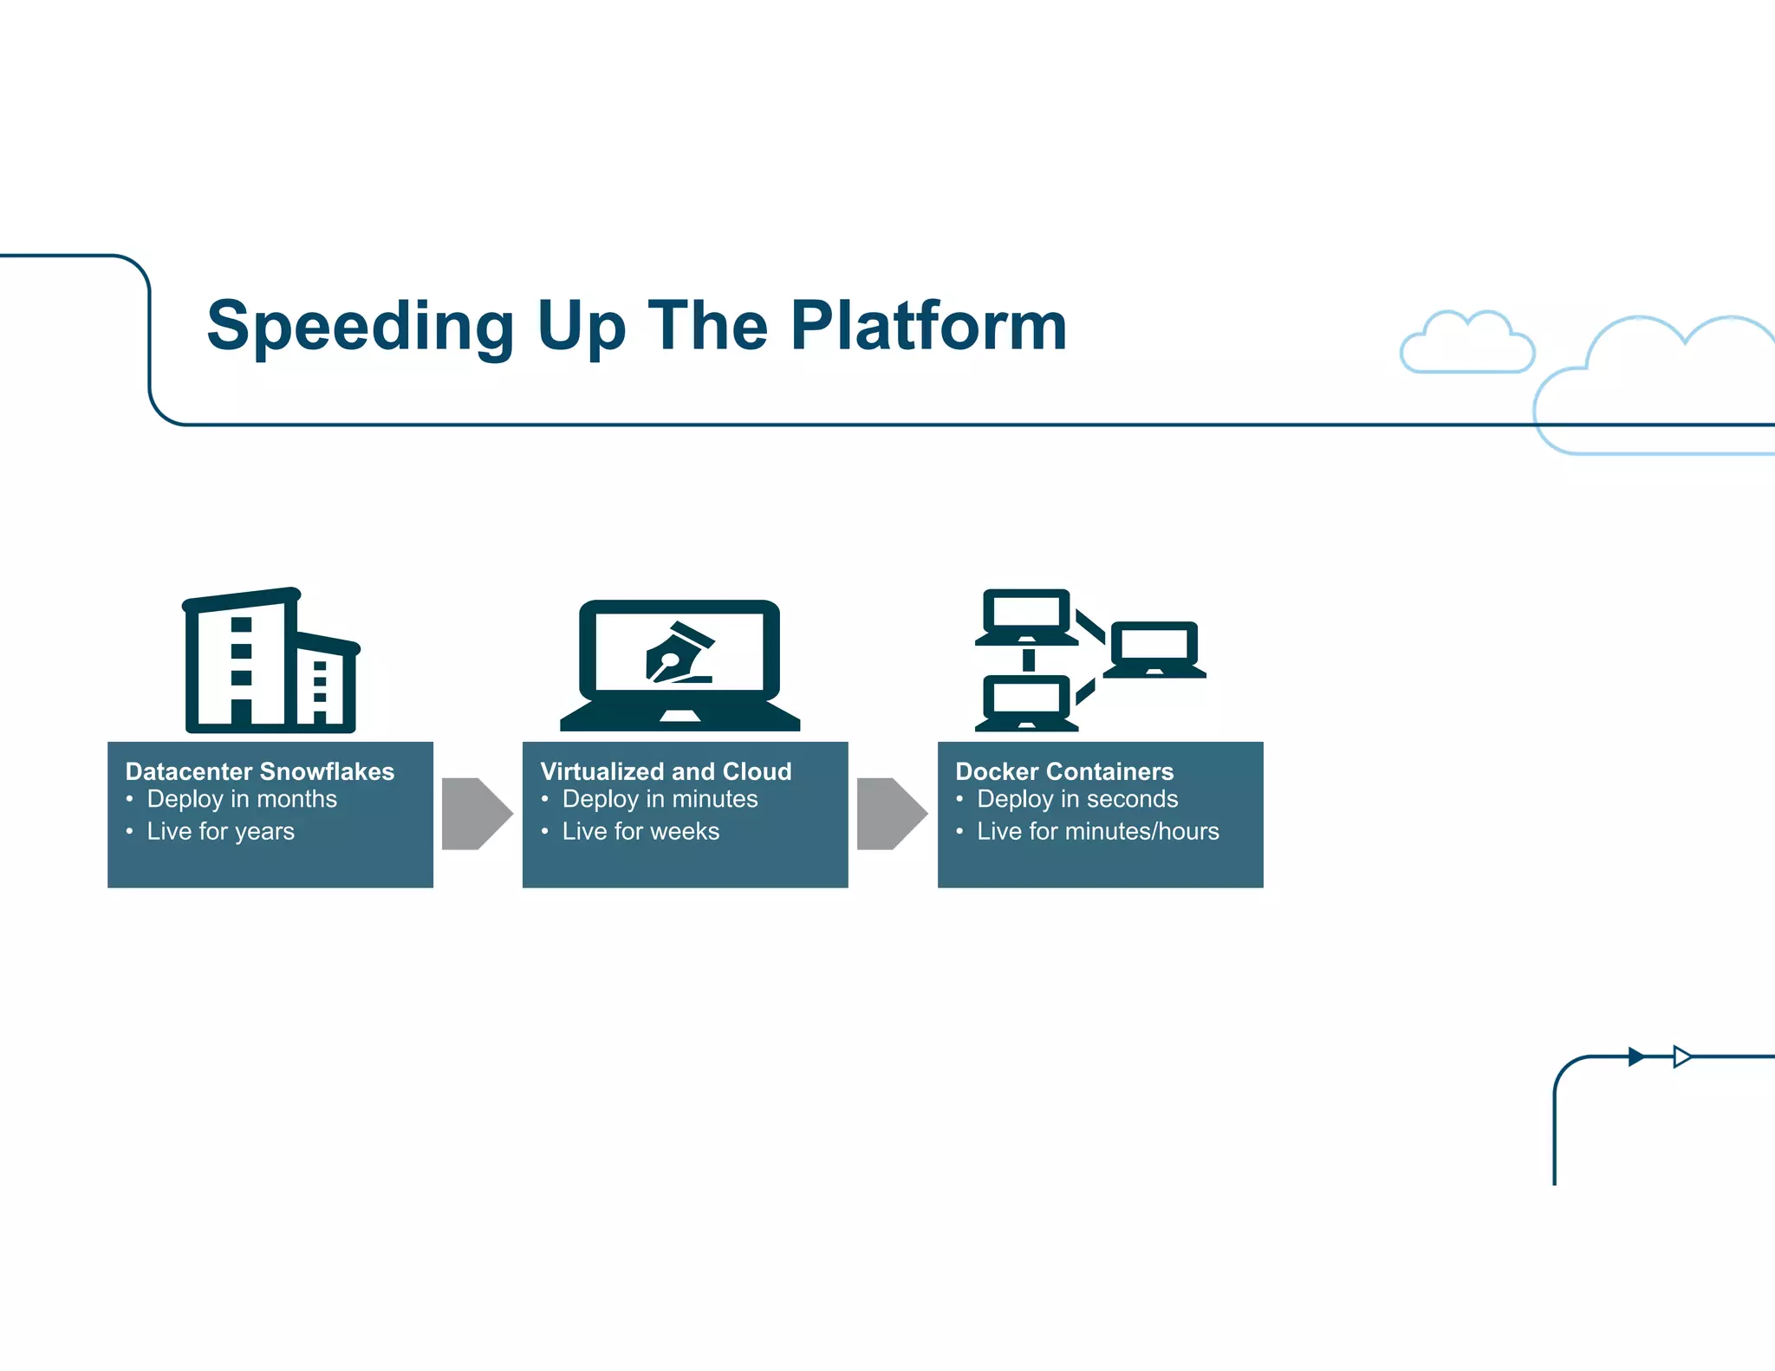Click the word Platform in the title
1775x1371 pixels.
pyautogui.click(x=928, y=327)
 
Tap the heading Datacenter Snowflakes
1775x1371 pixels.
pyautogui.click(x=259, y=771)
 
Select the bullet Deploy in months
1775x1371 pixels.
pyautogui.click(x=241, y=799)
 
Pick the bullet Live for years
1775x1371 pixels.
pyautogui.click(x=220, y=831)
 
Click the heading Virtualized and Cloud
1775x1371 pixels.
pyautogui.click(x=665, y=771)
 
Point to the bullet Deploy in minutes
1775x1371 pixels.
pyautogui.click(x=660, y=799)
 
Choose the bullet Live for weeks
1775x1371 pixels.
pyautogui.click(x=640, y=831)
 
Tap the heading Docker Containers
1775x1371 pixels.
pyautogui.click(x=1063, y=771)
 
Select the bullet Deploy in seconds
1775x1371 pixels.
pyautogui.click(x=1076, y=799)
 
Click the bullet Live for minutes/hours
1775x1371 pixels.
pyautogui.click(x=1097, y=831)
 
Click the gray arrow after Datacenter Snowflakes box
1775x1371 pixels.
pyautogui.click(x=476, y=814)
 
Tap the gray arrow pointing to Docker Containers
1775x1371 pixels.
pyautogui.click(x=891, y=814)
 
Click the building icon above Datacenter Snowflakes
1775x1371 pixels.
pyautogui.click(x=270, y=662)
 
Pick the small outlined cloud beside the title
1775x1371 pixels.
pyautogui.click(x=1466, y=344)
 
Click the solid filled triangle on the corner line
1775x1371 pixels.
pyautogui.click(x=1635, y=1056)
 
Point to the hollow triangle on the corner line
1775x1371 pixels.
pyautogui.click(x=1681, y=1056)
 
